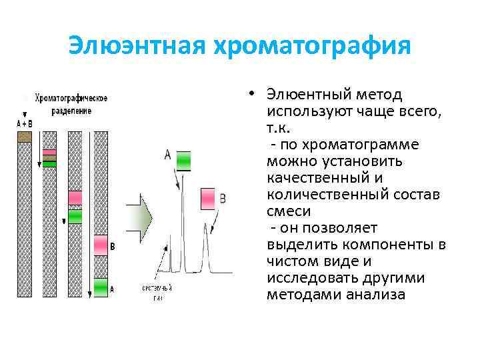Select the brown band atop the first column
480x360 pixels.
[x=25, y=137]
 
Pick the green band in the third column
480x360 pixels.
[x=75, y=216]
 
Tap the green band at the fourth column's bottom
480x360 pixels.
[x=100, y=287]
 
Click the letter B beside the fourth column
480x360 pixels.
[x=113, y=247]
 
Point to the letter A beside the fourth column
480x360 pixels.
[x=112, y=289]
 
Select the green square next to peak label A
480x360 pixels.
[x=183, y=161]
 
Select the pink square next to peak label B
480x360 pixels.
[x=209, y=198]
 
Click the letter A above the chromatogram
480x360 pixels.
[x=167, y=155]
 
